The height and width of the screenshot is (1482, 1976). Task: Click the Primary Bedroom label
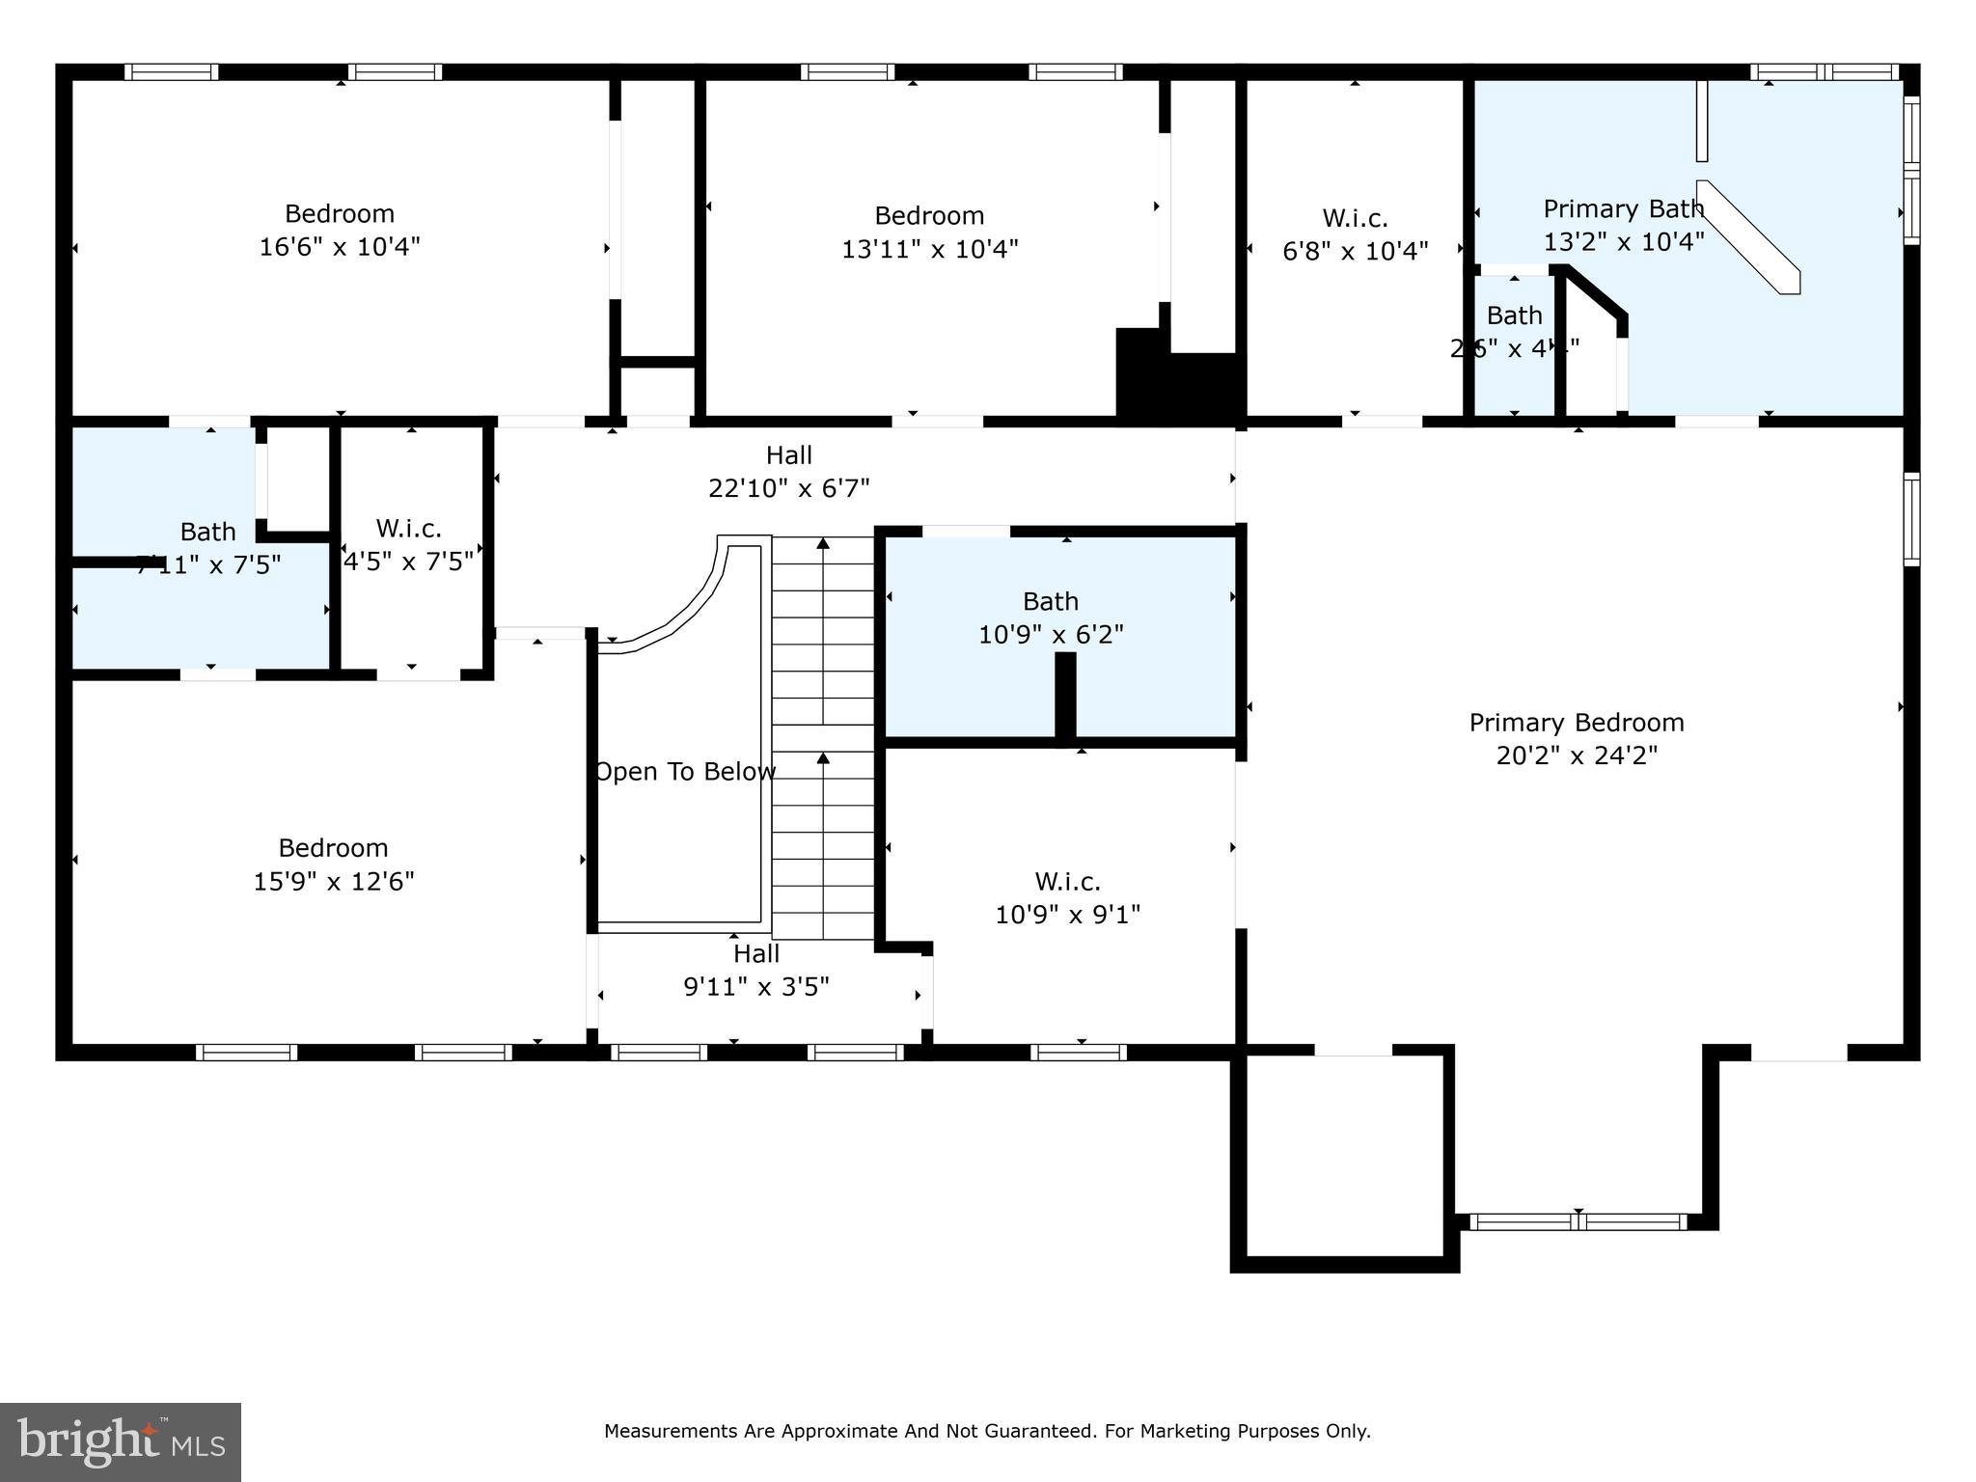(1576, 723)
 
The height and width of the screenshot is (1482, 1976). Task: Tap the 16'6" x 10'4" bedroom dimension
(340, 247)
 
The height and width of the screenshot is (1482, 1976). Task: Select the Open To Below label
(684, 772)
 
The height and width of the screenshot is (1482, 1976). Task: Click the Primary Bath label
(1623, 209)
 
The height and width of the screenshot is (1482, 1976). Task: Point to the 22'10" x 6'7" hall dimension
(788, 488)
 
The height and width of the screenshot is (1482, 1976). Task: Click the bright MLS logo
(121, 1441)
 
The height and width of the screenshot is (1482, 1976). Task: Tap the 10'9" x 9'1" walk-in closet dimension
(1067, 914)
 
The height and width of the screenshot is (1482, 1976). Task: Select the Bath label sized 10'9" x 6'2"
(1050, 602)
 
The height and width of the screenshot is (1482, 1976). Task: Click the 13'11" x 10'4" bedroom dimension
(929, 249)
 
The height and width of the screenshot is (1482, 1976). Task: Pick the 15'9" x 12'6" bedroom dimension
(334, 881)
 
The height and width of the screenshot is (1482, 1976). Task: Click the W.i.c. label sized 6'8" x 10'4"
(1355, 218)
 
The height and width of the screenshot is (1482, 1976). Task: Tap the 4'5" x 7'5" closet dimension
(409, 562)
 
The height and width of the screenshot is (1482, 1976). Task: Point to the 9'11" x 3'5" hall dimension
(755, 987)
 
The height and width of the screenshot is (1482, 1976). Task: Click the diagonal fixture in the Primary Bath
(1748, 236)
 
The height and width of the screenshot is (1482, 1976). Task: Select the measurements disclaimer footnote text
(987, 1431)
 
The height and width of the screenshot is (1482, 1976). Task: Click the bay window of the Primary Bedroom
(1578, 1221)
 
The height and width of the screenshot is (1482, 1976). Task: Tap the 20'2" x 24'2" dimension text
(1576, 755)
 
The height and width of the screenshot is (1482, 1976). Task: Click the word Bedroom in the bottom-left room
(333, 848)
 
